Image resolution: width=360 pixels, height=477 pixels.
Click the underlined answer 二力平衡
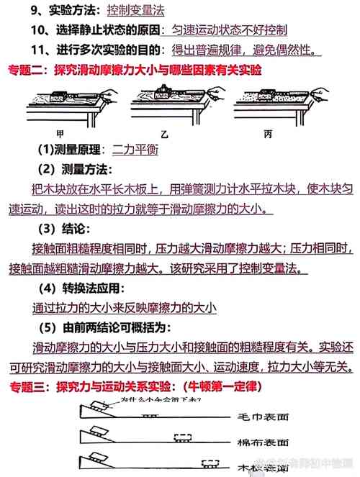[x=135, y=150]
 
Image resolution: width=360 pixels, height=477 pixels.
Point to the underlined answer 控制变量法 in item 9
[x=135, y=11]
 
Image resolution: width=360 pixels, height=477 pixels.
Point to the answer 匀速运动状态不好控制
[x=225, y=30]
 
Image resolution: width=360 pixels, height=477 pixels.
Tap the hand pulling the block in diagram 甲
[x=107, y=96]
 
